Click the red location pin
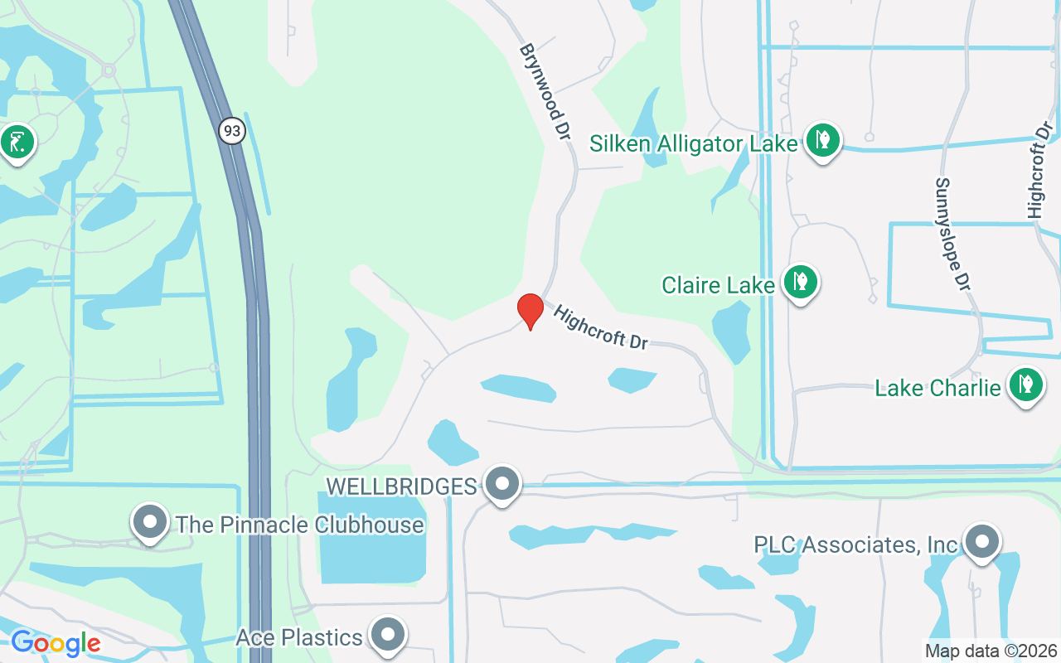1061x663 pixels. (x=530, y=311)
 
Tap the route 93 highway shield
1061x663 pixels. (x=233, y=130)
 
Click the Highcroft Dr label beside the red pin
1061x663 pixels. (x=600, y=327)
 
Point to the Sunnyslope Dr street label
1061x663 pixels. (x=952, y=234)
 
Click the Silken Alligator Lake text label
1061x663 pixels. (x=693, y=143)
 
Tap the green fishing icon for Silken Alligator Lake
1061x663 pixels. (x=822, y=140)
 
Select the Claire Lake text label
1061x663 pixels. (x=718, y=285)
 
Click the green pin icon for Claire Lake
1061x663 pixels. (x=800, y=282)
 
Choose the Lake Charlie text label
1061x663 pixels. (x=937, y=387)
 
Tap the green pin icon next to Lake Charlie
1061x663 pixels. (x=1026, y=385)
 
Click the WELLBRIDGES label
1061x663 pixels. (x=401, y=486)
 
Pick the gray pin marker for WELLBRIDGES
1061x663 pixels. (x=501, y=483)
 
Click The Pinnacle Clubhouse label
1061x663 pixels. (x=299, y=525)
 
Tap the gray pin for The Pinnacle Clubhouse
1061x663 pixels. (x=150, y=522)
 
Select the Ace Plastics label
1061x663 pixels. (x=299, y=637)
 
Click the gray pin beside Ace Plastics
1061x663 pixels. (x=386, y=635)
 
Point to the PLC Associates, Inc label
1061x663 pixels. (x=855, y=544)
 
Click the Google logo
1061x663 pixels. (x=56, y=643)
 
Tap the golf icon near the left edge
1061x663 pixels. (x=17, y=143)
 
